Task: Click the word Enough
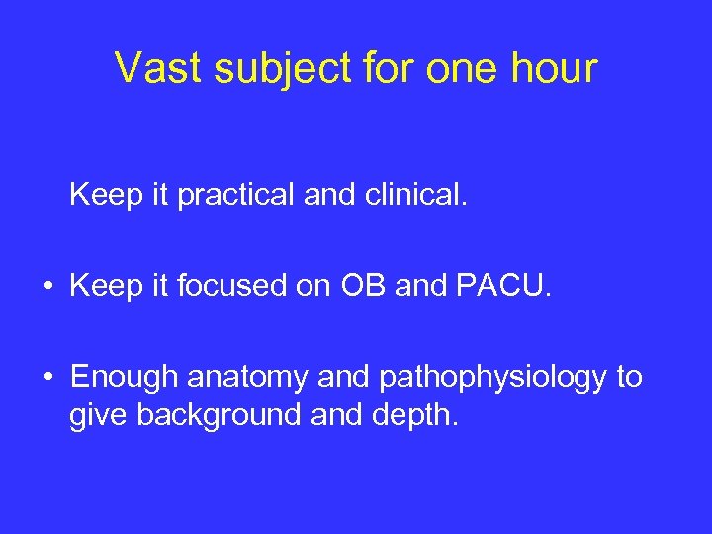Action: (x=124, y=378)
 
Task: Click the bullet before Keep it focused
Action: (x=46, y=288)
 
